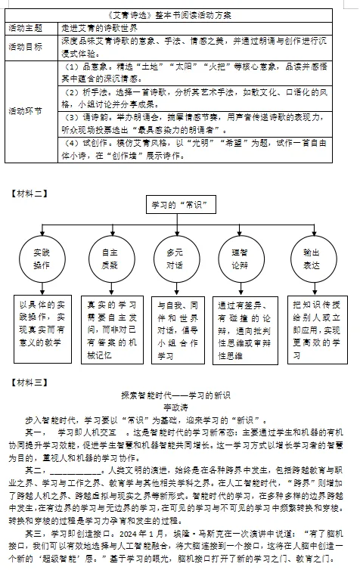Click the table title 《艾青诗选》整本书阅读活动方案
coord(180,14)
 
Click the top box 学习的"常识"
coord(179,206)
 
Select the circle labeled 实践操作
coord(42,259)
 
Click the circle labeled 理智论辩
coord(238,259)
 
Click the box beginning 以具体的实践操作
coord(42,324)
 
